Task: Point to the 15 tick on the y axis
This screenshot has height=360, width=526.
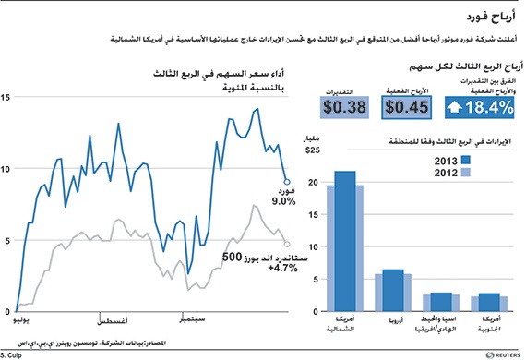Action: (x=6, y=97)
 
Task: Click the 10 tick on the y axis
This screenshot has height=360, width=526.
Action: (x=6, y=169)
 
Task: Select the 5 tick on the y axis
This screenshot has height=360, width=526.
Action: (x=6, y=241)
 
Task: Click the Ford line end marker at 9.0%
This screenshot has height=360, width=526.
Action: (x=287, y=183)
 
